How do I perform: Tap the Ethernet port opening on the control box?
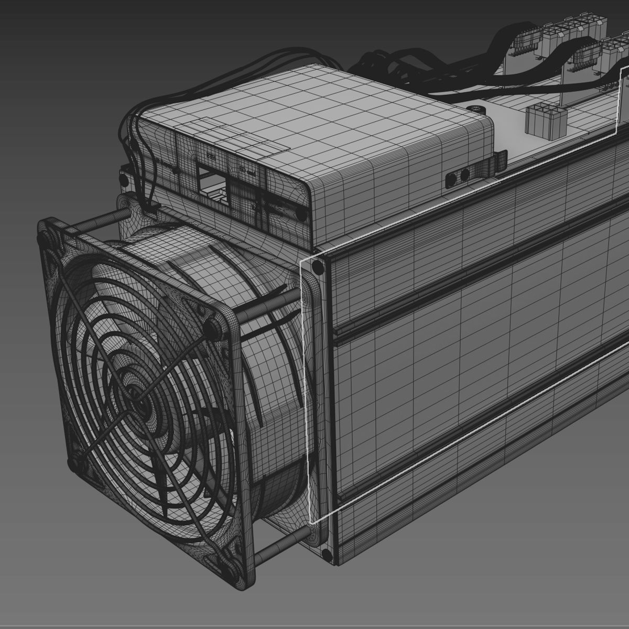click(x=213, y=181)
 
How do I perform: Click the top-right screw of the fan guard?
click(x=211, y=329)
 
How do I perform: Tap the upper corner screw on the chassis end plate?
click(x=318, y=267)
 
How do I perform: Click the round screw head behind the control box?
click(x=478, y=109)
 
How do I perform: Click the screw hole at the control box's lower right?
click(x=300, y=214)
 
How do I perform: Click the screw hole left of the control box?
click(x=124, y=179)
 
